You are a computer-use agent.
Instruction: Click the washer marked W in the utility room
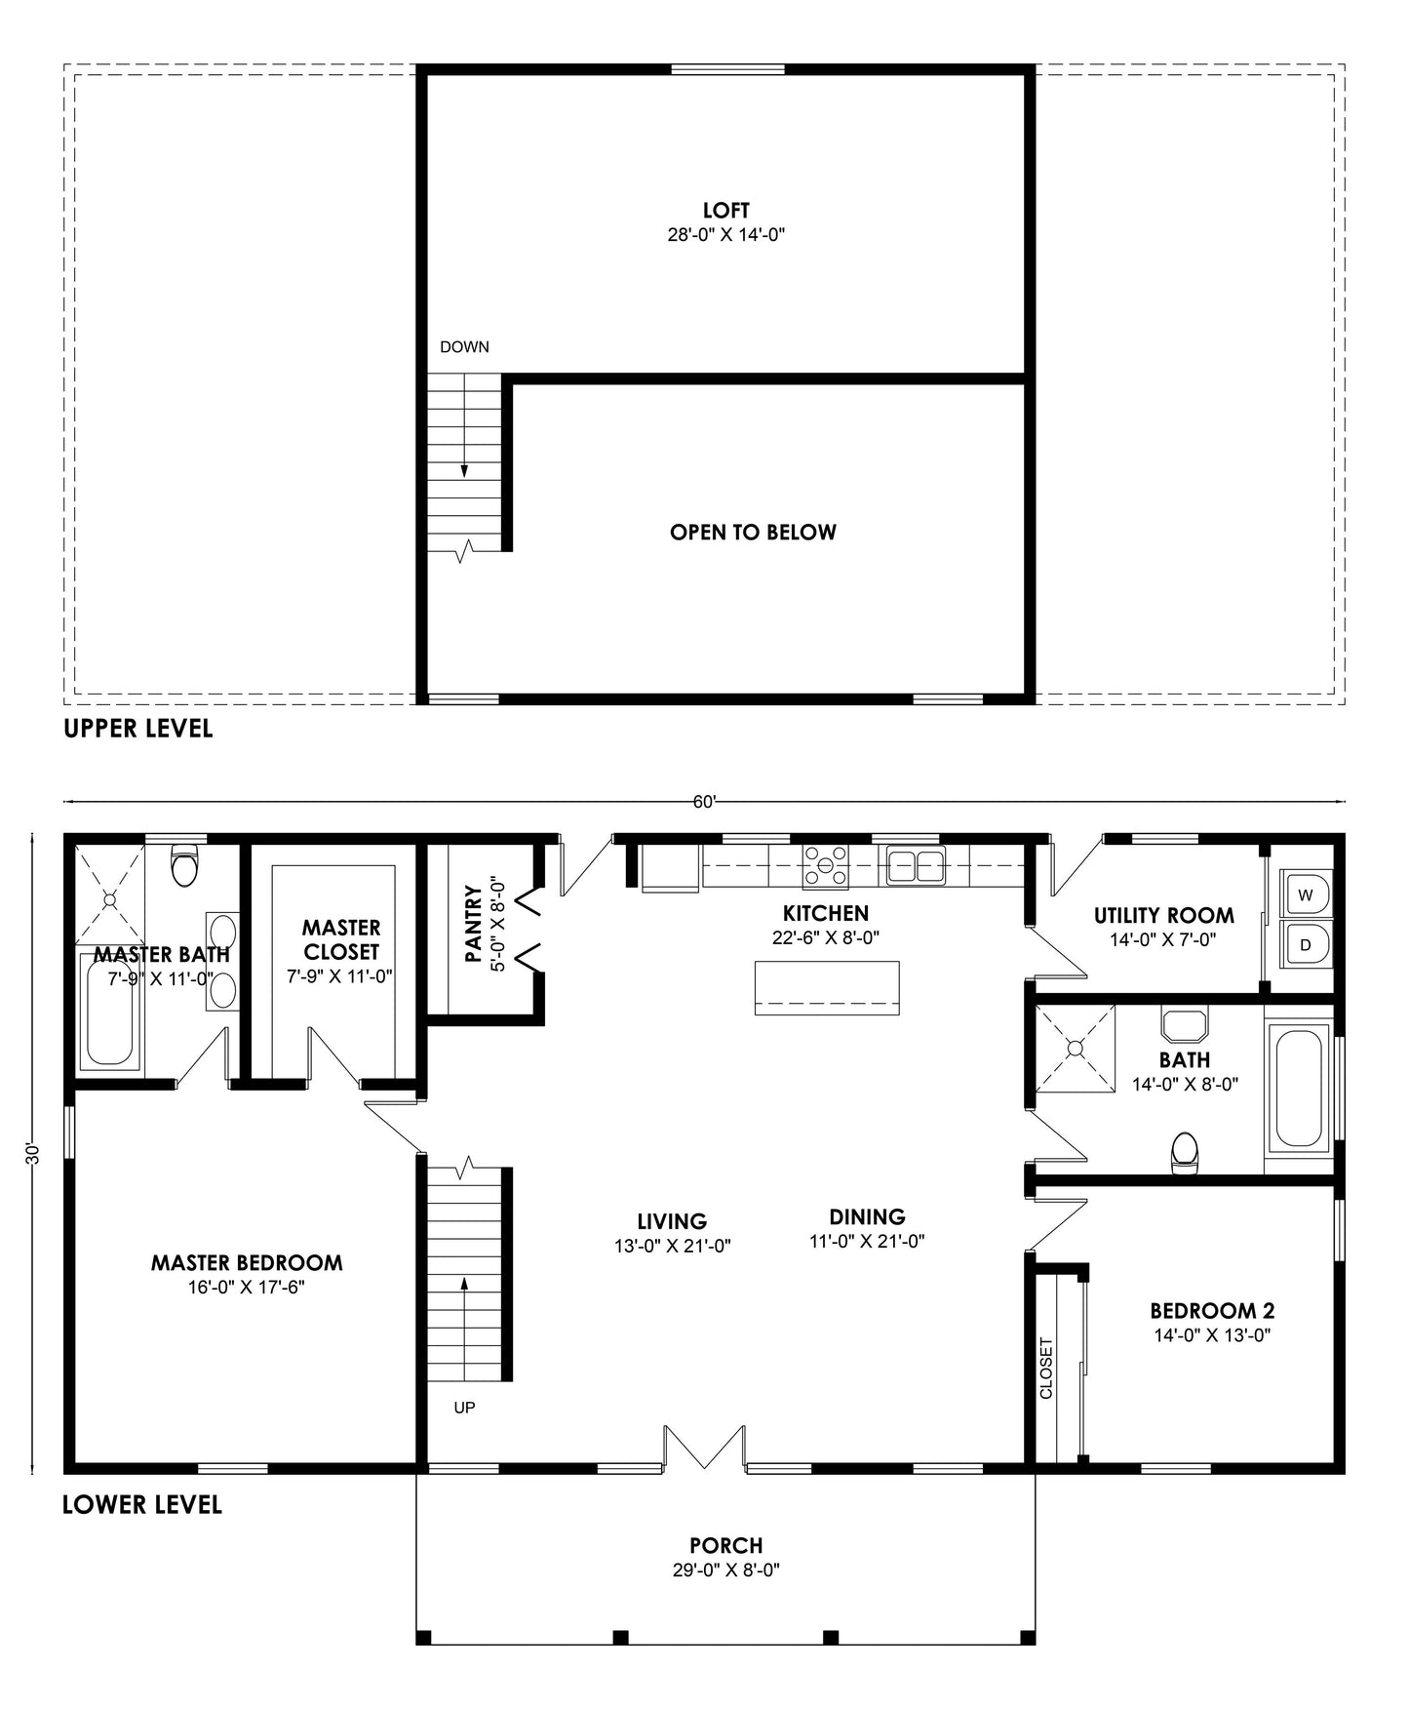pyautogui.click(x=1307, y=894)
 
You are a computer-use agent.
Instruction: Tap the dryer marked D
pyautogui.click(x=1307, y=943)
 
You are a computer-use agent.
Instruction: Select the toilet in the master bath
pyautogui.click(x=183, y=864)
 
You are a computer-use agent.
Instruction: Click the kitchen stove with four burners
pyautogui.click(x=825, y=866)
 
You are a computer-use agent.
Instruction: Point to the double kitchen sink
pyautogui.click(x=916, y=866)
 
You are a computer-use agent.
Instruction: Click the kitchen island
pyautogui.click(x=827, y=987)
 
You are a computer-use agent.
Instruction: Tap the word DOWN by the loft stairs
pyautogui.click(x=464, y=347)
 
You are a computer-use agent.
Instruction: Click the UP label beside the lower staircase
pyautogui.click(x=464, y=1408)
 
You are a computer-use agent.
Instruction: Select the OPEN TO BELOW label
pyautogui.click(x=753, y=533)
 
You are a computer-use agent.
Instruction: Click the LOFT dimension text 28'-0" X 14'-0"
pyautogui.click(x=726, y=235)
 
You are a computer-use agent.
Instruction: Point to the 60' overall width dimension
pyautogui.click(x=704, y=802)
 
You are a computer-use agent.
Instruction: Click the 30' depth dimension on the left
pyautogui.click(x=32, y=1153)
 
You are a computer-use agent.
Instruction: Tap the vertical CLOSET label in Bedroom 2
pyautogui.click(x=1046, y=1368)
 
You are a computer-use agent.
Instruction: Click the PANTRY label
pyautogui.click(x=474, y=923)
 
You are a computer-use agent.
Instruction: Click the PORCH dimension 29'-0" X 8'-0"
pyautogui.click(x=725, y=1570)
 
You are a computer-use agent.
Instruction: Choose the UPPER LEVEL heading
pyautogui.click(x=137, y=729)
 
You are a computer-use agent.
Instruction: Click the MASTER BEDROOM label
pyautogui.click(x=247, y=1263)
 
